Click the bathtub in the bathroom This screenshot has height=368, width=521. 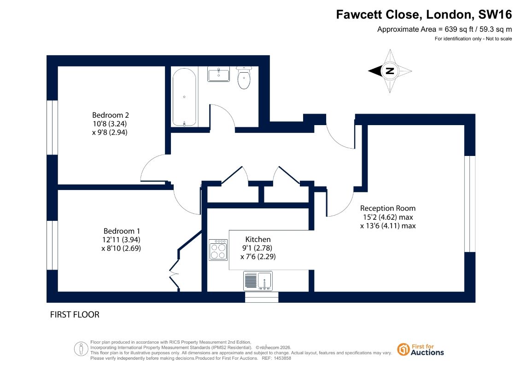(x=184, y=97)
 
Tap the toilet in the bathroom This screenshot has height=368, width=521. (x=244, y=78)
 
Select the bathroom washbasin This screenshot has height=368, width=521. (x=219, y=74)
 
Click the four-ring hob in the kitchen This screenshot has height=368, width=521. (x=218, y=250)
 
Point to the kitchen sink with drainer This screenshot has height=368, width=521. (x=258, y=281)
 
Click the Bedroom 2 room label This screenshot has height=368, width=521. (x=110, y=115)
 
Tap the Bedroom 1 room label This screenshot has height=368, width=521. (x=122, y=231)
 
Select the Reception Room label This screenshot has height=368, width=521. (x=388, y=208)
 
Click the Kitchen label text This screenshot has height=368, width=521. (x=258, y=239)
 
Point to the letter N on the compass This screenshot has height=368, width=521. (x=390, y=71)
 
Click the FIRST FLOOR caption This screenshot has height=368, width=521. (x=75, y=315)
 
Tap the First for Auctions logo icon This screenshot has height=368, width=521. (x=404, y=350)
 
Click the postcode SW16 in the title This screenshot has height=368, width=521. (x=495, y=15)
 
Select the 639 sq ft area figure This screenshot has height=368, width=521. (x=459, y=29)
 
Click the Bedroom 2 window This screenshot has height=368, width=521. (x=52, y=127)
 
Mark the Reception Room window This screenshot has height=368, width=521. (x=470, y=204)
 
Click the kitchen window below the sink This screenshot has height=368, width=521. (x=262, y=297)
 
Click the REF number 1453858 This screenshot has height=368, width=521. (x=281, y=358)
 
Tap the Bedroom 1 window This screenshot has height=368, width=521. (x=52, y=245)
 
